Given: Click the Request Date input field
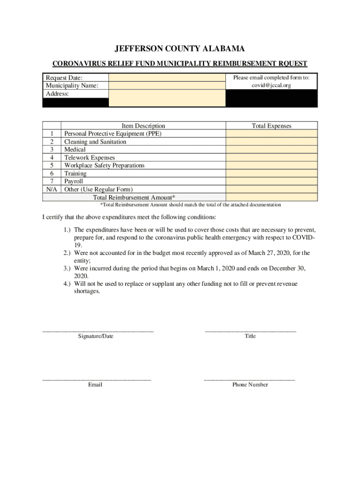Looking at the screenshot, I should click(x=167, y=78).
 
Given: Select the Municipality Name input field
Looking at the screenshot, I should click(x=167, y=86).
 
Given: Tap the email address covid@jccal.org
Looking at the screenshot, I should click(x=271, y=86).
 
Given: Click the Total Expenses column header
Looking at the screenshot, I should click(x=271, y=126).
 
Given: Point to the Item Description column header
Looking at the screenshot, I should click(x=143, y=126).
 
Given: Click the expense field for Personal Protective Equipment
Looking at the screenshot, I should click(x=271, y=134).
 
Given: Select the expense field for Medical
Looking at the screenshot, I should click(x=271, y=150).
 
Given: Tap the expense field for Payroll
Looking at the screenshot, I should click(x=271, y=181).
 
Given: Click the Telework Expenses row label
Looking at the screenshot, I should click(x=89, y=158).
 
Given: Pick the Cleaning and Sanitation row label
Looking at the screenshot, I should click(x=95, y=142).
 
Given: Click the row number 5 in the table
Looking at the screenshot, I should click(x=51, y=166).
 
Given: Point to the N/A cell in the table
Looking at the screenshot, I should click(x=51, y=189).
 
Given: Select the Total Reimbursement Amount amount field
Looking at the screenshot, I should click(x=271, y=197).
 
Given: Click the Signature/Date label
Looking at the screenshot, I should click(x=95, y=336).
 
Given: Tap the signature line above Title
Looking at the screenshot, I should click(x=250, y=331).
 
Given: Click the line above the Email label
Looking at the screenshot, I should click(x=96, y=379).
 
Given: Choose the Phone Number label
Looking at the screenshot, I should click(x=250, y=385).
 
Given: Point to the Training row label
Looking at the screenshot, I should click(x=75, y=174).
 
